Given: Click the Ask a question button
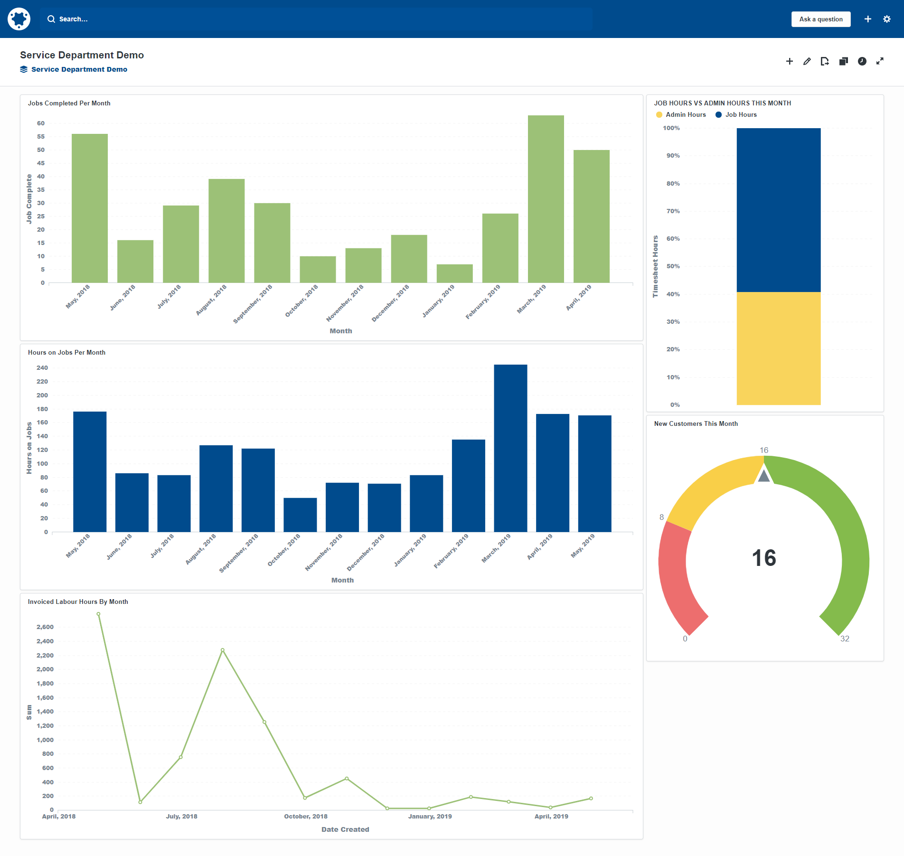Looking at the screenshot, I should coord(820,19).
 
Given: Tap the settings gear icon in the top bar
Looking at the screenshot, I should coord(886,19).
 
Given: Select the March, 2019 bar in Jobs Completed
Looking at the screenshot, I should coord(546,199).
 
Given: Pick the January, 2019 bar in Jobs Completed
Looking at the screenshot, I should coord(454,273).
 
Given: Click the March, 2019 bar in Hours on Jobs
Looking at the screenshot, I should coord(510,448).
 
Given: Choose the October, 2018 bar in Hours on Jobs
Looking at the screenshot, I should coord(300,515).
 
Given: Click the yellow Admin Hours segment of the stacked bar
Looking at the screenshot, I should coord(778,348).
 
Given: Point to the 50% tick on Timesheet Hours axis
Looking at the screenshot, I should coord(673,266).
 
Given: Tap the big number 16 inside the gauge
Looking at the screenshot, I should coord(763,558).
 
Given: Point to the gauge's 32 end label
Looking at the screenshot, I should coord(845,639).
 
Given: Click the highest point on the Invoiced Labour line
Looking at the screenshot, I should coord(98,614).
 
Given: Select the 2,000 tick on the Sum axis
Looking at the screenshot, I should coord(45,669).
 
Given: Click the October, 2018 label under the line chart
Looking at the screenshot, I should coord(306,817).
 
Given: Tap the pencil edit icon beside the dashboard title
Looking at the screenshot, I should coord(807,61).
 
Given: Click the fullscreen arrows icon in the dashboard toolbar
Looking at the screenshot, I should coord(880,61).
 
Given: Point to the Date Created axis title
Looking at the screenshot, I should coord(345,829).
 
